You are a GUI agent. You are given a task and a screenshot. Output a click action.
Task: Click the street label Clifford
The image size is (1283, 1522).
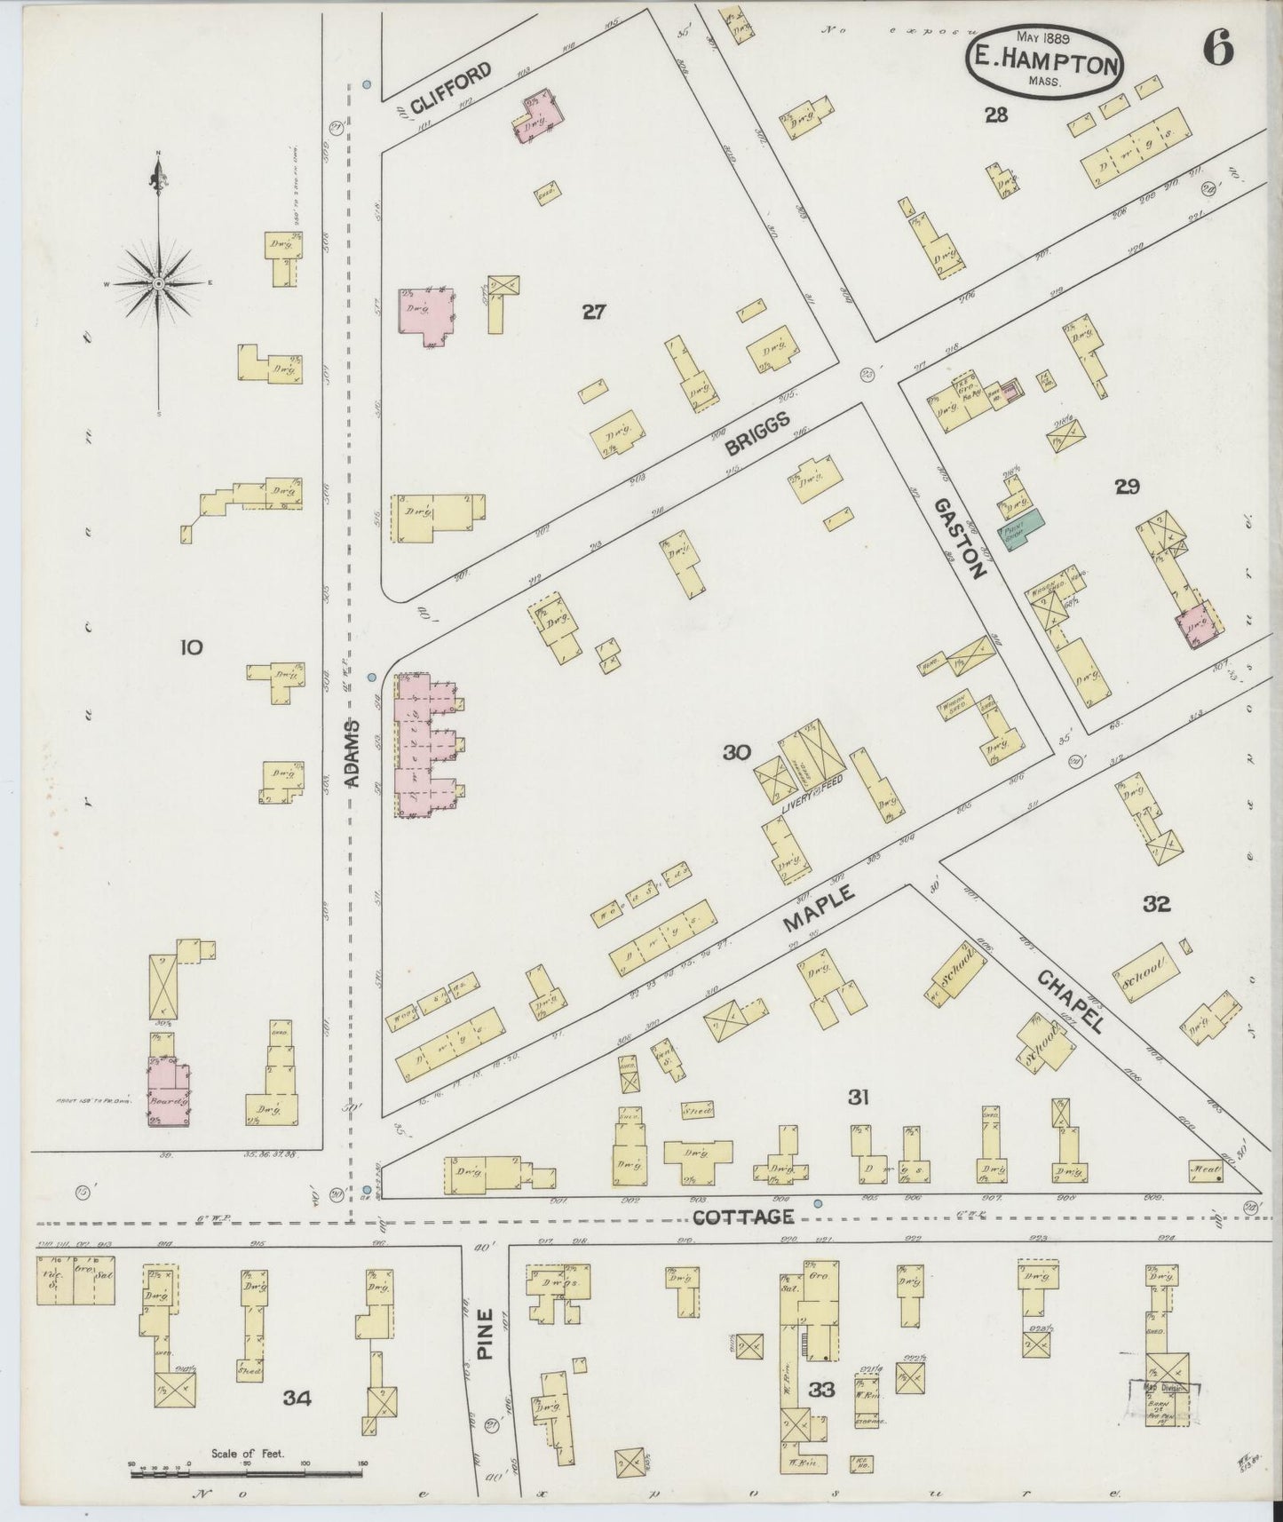click(x=450, y=88)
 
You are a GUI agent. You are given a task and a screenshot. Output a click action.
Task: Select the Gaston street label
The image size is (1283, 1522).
click(x=959, y=538)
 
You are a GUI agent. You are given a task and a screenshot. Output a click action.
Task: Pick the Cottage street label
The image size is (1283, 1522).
click(x=742, y=1217)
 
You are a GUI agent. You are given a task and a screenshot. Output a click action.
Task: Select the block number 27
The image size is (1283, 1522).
click(x=593, y=311)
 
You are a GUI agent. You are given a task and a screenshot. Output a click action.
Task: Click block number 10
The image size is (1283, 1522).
click(x=190, y=647)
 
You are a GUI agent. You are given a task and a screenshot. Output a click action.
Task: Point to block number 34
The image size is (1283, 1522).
click(x=297, y=1398)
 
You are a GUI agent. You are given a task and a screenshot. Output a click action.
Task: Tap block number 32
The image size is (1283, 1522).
click(x=1156, y=904)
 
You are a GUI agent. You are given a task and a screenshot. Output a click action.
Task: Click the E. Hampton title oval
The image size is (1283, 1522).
click(x=1043, y=61)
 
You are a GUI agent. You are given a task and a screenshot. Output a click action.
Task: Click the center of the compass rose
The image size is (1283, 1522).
click(x=158, y=283)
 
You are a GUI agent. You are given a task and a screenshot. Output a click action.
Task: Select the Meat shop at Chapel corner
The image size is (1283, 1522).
click(x=1207, y=1171)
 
